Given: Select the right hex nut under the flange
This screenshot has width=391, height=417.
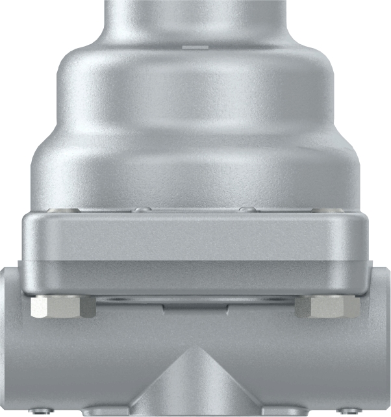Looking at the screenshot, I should tap(327, 307).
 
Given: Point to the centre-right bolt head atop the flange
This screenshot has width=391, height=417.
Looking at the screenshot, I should tap(246, 209).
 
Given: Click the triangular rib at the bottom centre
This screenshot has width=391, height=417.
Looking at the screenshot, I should tap(195, 383).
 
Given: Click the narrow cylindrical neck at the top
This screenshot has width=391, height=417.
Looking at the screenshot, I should tap(195, 19).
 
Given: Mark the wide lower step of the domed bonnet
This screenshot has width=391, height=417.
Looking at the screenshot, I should tap(195, 169).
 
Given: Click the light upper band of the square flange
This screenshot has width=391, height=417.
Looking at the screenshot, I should tap(195, 237).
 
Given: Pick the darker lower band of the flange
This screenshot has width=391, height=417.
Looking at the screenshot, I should tap(195, 276).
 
